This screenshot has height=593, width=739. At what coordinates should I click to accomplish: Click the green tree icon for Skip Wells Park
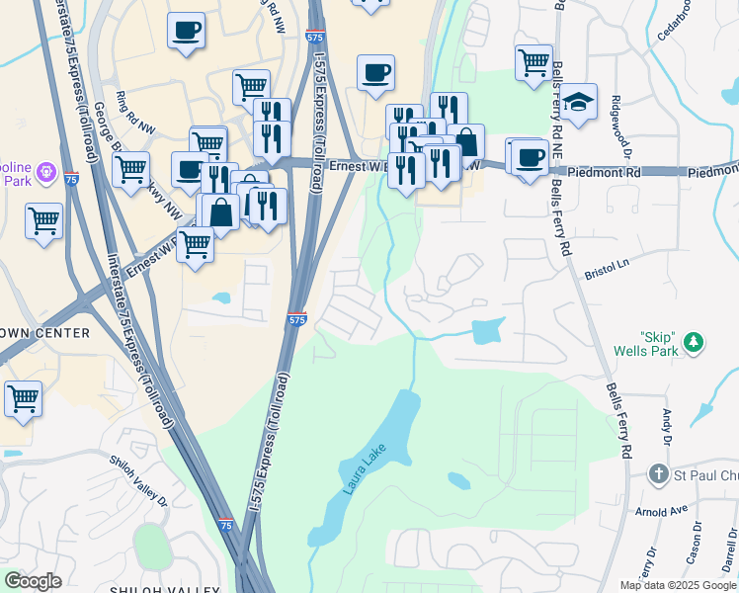(x=696, y=343)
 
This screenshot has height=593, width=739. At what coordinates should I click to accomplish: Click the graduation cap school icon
(x=579, y=102)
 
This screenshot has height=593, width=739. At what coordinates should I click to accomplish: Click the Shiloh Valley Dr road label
(x=138, y=478)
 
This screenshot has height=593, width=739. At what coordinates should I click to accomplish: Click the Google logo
(x=33, y=581)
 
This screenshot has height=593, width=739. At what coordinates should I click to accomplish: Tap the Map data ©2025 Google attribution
(x=678, y=585)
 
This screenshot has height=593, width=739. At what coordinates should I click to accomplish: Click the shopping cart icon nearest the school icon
(x=534, y=62)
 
